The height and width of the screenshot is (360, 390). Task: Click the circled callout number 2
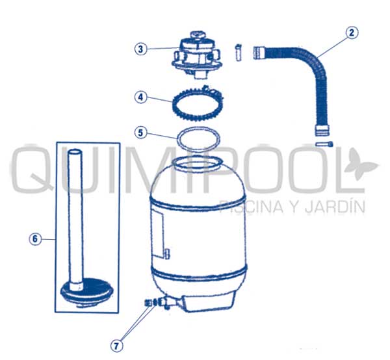pyautogui.click(x=352, y=33)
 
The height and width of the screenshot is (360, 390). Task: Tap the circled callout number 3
pyautogui.click(x=140, y=49)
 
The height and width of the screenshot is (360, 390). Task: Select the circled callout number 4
pyautogui.click(x=140, y=97)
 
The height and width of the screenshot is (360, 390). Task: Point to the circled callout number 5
pyautogui.click(x=140, y=133)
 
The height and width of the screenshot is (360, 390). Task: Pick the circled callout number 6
pyautogui.click(x=35, y=239)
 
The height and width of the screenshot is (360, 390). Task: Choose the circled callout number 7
pyautogui.click(x=116, y=346)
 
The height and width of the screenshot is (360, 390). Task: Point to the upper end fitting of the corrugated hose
pyautogui.click(x=259, y=53)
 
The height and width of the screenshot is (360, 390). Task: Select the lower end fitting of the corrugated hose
pyautogui.click(x=322, y=131)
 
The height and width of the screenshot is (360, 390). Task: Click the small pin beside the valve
pyautogui.click(x=239, y=53)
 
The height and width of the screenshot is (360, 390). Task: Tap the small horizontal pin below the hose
pyautogui.click(x=324, y=144)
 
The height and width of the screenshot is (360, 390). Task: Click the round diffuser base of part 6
pyautogui.click(x=87, y=293)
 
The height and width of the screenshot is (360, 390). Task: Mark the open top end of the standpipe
pyautogui.click(x=75, y=151)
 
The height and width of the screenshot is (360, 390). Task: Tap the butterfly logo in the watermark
pyautogui.click(x=361, y=164)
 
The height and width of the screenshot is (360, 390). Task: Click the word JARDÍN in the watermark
pyautogui.click(x=335, y=206)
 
